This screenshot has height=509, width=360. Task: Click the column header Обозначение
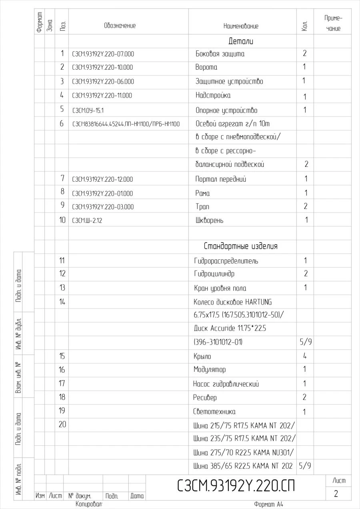120,26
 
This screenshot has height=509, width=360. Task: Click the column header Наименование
241,26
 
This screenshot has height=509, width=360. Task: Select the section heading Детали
241,41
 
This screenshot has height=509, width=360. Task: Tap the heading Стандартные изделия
240,246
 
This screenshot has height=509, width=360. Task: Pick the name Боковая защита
220,54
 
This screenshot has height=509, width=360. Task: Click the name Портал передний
220,179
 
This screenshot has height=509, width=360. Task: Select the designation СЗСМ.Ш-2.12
87,220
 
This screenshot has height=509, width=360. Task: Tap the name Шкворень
209,220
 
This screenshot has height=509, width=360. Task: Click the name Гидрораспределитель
226,261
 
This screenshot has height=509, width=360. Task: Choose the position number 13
62,288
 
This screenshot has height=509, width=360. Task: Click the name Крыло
202,356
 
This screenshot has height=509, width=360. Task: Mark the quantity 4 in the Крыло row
305,356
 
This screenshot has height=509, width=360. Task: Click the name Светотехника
214,412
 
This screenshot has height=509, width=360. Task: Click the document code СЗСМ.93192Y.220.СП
236,486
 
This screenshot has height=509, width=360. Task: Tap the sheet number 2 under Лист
336,494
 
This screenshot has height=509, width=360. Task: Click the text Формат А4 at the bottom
268,505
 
